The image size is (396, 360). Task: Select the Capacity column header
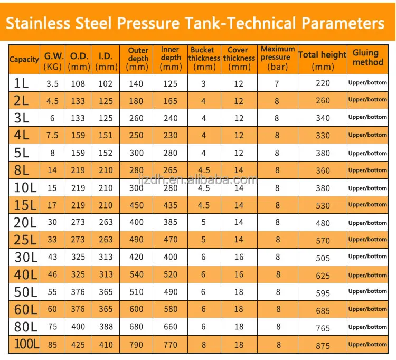(24, 60)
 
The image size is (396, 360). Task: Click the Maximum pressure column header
(278, 58)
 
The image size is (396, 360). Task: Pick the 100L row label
(25, 345)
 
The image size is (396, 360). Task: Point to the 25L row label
(25, 240)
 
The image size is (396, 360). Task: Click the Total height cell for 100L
(323, 345)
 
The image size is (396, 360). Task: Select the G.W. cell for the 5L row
(52, 153)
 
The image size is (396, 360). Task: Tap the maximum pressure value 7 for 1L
(277, 83)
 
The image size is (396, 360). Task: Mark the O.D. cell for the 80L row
(78, 327)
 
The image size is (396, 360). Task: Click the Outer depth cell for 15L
(136, 205)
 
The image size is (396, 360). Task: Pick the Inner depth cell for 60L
(171, 309)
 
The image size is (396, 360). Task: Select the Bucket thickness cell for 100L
(204, 345)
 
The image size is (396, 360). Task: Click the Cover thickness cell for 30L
(239, 257)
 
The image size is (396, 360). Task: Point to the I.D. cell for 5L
(106, 153)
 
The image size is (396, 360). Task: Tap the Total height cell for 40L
(323, 276)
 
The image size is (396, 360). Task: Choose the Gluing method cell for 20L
(367, 223)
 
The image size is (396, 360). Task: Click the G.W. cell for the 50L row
(52, 292)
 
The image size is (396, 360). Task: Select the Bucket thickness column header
(204, 58)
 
